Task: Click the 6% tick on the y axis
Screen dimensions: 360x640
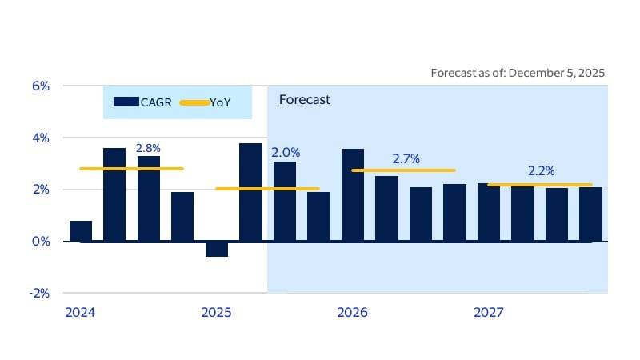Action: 39,86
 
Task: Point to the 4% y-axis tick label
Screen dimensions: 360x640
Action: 39,138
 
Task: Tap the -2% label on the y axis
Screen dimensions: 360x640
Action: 38,293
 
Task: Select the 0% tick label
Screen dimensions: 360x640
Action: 39,241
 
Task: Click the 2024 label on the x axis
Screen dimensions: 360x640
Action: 79,312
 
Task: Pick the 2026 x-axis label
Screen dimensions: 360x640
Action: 352,312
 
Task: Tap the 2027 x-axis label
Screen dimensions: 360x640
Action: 488,312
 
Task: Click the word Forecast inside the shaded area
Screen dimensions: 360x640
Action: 304,100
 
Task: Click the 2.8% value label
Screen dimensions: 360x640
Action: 149,148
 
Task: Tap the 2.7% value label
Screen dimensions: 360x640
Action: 406,159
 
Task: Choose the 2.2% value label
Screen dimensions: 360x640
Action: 542,170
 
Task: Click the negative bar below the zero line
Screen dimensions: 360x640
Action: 216,249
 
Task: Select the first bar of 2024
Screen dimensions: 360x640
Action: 81,231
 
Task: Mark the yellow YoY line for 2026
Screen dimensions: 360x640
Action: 403,170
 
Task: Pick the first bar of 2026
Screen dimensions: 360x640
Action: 353,195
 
